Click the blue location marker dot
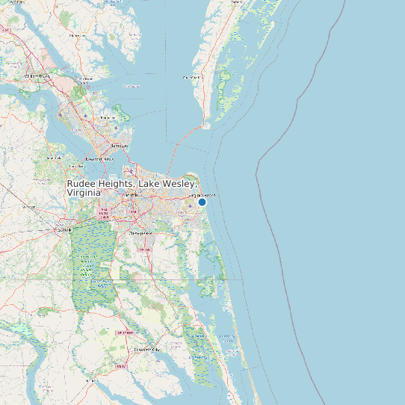[x=202, y=202]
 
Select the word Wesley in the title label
[x=180, y=183]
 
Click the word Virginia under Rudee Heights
[x=84, y=193]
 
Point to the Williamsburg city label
[x=36, y=76]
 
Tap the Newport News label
[x=99, y=159]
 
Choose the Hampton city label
[x=119, y=146]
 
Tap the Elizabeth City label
[x=146, y=350]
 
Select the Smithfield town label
[x=53, y=158]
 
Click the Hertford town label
[x=92, y=380]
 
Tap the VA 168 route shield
[x=145, y=250]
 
